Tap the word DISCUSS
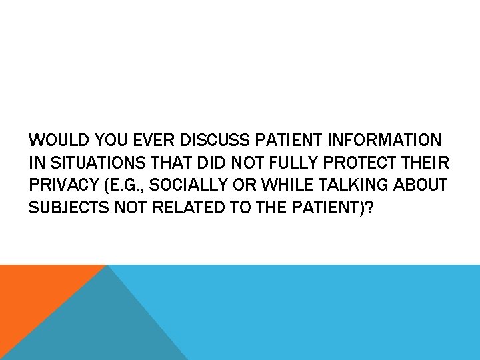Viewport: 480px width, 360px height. click(x=223, y=141)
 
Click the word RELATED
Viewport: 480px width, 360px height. click(x=183, y=209)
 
